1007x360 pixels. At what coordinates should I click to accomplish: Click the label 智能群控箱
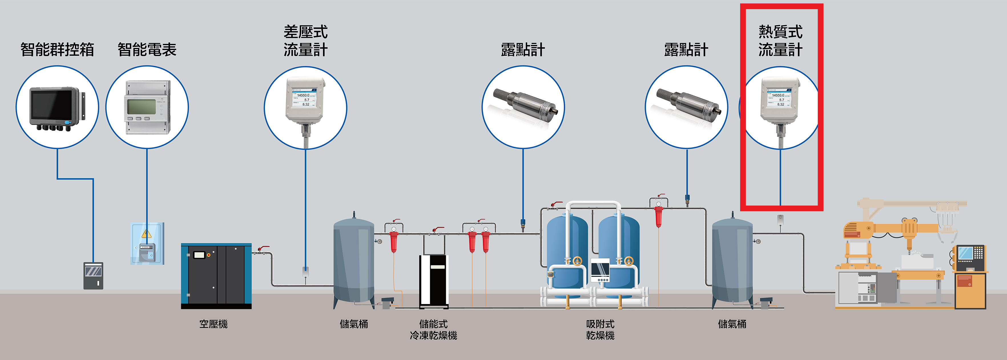pos(57,50)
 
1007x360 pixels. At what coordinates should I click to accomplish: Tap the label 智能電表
pos(147,50)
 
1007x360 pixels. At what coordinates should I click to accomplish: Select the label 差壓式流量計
pos(305,41)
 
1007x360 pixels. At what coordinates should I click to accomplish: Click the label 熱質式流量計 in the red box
pos(780,41)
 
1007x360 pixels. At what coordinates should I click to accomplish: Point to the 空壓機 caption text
pos(214,324)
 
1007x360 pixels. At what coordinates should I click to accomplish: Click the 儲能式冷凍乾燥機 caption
pos(433,329)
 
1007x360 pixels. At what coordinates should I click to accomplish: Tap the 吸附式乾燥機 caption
pos(600,329)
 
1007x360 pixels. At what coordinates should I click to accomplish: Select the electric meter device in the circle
pos(147,108)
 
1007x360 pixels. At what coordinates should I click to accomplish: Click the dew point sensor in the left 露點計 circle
pos(524,103)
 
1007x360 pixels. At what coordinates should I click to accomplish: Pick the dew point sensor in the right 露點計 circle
pos(687,103)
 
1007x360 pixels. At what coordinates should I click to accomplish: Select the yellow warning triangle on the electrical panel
pos(146,234)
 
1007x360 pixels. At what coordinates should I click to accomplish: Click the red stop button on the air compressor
pos(209,255)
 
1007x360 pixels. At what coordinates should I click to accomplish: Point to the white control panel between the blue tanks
pos(600,270)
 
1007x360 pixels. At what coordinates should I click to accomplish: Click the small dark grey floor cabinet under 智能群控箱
pos(93,275)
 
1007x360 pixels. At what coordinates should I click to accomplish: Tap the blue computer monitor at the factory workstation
pos(966,253)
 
